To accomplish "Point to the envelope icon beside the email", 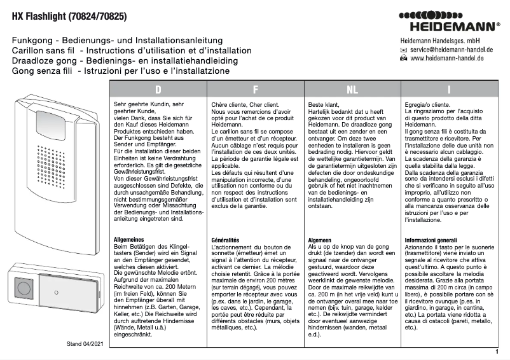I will click(x=403, y=49).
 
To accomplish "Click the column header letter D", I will click(x=158, y=90).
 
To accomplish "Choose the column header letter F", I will click(x=255, y=90).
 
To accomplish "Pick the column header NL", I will click(x=352, y=90).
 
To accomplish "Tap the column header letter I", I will click(x=449, y=90).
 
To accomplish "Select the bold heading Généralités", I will click(x=225, y=239).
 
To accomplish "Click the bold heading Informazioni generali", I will click(x=434, y=239).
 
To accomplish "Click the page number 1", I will click(x=497, y=351).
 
